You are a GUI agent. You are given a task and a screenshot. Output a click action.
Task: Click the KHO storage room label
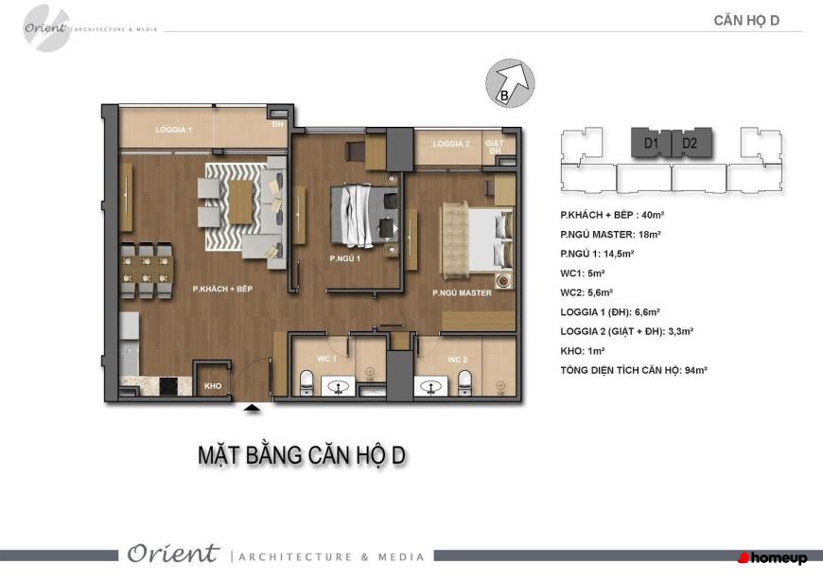point(213,386)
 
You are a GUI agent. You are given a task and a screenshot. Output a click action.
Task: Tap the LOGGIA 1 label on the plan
point(174,130)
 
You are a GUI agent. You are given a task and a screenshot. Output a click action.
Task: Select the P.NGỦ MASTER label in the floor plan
point(462,293)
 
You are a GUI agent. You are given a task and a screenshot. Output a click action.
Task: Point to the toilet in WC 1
point(306,382)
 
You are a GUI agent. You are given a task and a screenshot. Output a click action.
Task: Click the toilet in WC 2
point(464,382)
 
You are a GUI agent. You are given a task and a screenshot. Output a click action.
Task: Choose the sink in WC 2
point(431,387)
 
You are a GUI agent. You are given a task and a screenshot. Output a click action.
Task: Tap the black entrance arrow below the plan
point(253,408)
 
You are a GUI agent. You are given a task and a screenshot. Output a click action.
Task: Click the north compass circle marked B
point(510,83)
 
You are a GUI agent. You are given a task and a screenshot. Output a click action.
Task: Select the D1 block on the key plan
point(651,142)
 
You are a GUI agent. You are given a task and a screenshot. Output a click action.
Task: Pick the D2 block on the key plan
point(692,142)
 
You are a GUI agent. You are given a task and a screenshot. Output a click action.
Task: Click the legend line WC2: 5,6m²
point(587,292)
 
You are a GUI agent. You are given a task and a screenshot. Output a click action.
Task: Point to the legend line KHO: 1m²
point(582,351)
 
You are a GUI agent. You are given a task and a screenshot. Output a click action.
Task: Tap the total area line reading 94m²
point(634,370)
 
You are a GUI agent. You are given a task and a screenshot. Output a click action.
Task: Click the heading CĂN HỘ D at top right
point(746,21)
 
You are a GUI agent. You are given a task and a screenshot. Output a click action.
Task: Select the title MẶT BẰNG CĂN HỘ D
point(301,455)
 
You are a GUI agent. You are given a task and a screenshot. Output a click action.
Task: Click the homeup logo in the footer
point(772,557)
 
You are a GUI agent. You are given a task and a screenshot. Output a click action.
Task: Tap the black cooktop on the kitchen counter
point(168,387)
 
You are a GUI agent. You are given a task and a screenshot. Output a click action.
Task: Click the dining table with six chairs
point(147,270)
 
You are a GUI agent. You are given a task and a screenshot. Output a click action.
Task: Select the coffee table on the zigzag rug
point(240,203)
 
